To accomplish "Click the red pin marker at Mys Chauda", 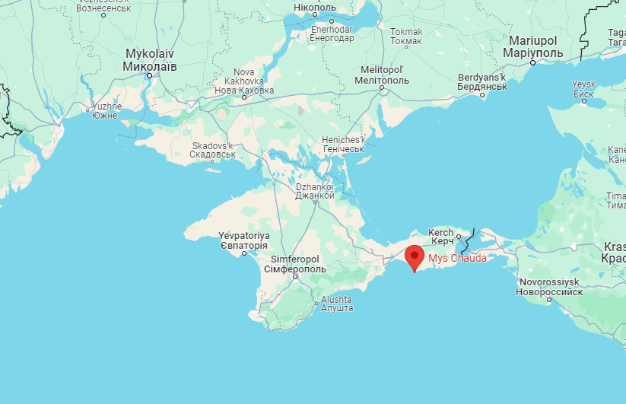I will click(x=414, y=256).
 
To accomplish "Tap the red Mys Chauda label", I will click(x=457, y=258).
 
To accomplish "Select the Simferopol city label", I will click(x=294, y=264).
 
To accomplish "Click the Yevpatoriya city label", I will click(x=243, y=240).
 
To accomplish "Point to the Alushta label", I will click(x=336, y=304).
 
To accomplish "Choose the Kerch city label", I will click(x=441, y=237).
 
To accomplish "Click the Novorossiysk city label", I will click(x=549, y=287).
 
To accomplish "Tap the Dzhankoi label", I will click(x=315, y=190).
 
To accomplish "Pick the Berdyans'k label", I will click(x=483, y=82).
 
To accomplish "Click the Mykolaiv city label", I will click(x=150, y=61).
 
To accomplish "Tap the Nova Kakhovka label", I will click(x=243, y=85).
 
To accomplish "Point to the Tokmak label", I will click(x=406, y=36).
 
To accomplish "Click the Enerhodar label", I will click(x=332, y=33).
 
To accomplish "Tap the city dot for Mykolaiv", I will click(x=150, y=75).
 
